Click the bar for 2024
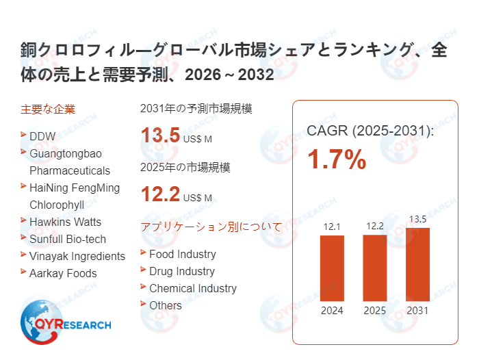pyautogui.click(x=332, y=268)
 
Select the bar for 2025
pyautogui.click(x=374, y=268)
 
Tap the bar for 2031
pyautogui.click(x=417, y=264)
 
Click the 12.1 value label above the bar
pyautogui.click(x=332, y=227)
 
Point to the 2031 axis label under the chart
pyautogui.click(x=417, y=311)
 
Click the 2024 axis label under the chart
pyautogui.click(x=332, y=311)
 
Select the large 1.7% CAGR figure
pyautogui.click(x=336, y=160)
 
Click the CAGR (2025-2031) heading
pyautogui.click(x=370, y=130)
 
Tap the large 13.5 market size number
pyautogui.click(x=160, y=136)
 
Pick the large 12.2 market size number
pyautogui.click(x=160, y=195)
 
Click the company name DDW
pyautogui.click(x=42, y=136)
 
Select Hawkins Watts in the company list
pyautogui.click(x=65, y=222)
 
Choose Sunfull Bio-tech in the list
pyautogui.click(x=68, y=239)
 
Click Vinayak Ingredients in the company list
pyautogui.click(x=77, y=256)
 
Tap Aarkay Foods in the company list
pyautogui.click(x=63, y=273)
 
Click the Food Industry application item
pyautogui.click(x=182, y=254)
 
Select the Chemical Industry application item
pyautogui.click(x=192, y=288)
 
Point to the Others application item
pyautogui.click(x=166, y=305)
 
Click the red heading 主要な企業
pyautogui.click(x=48, y=109)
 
